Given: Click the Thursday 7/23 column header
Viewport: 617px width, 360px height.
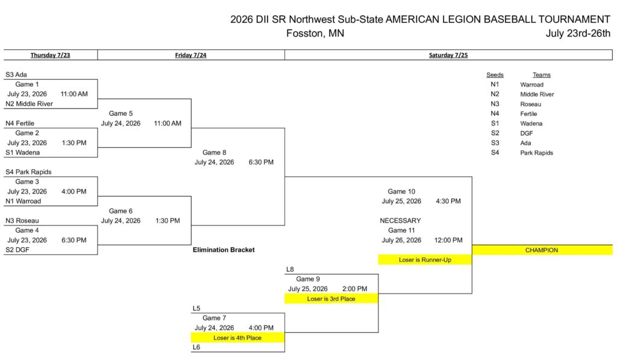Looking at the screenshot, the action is [x=51, y=55].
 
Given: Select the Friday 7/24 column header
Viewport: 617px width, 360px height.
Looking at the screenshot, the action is [x=191, y=55].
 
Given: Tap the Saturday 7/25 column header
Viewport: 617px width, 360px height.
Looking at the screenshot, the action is [x=448, y=55].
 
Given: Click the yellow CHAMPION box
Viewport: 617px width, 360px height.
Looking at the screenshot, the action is [x=542, y=250].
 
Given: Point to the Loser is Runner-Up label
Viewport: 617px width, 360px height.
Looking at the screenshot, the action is [x=425, y=260].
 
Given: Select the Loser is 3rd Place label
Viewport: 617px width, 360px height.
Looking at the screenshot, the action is [x=331, y=299].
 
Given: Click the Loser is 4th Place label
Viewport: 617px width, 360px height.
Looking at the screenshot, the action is [x=237, y=338].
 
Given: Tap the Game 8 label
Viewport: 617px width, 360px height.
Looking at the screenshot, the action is [x=214, y=153].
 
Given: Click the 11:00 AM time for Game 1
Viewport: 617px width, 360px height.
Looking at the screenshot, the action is [x=74, y=94].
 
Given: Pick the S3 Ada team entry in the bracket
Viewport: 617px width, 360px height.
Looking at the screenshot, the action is [x=16, y=75].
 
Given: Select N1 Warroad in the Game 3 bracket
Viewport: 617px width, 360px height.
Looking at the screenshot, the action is [x=23, y=201].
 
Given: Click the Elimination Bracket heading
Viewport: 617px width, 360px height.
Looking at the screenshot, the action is [x=224, y=250].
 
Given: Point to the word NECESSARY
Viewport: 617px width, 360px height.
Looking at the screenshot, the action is [x=400, y=221].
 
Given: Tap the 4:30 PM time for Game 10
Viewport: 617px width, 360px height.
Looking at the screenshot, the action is [x=448, y=201].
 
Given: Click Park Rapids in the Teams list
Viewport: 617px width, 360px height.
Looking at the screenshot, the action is [x=536, y=153].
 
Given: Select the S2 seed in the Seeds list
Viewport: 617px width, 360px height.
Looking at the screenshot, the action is [x=495, y=133].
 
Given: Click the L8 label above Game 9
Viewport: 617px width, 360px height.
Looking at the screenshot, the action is [x=290, y=270].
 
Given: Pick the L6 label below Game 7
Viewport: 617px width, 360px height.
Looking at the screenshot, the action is [x=196, y=347].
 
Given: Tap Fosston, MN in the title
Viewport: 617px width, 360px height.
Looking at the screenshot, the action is [x=315, y=34].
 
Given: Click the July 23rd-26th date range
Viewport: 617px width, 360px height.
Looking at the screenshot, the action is [x=578, y=34].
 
